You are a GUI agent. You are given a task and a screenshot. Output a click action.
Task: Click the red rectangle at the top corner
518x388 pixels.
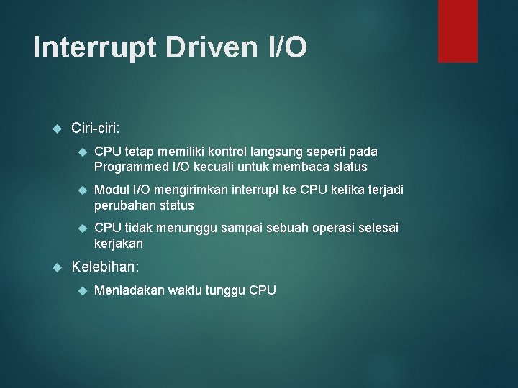[x=458, y=30]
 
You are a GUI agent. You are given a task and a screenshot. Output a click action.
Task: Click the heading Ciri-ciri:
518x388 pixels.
[x=96, y=128]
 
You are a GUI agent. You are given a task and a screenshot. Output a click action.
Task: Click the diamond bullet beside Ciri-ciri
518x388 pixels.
[x=58, y=129]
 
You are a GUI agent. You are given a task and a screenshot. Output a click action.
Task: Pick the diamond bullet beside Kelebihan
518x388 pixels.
[x=58, y=267]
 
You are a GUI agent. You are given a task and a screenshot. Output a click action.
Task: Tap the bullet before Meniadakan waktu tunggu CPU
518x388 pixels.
[x=81, y=291]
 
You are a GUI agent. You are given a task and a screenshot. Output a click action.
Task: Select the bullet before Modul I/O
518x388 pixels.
[x=81, y=190]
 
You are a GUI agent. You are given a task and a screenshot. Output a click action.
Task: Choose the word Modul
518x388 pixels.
[x=111, y=190]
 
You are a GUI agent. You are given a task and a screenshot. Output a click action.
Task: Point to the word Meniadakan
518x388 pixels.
[x=129, y=290]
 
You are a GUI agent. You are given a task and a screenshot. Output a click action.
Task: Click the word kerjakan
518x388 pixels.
[x=119, y=244]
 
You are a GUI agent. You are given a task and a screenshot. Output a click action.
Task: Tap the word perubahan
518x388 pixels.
[x=124, y=205]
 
